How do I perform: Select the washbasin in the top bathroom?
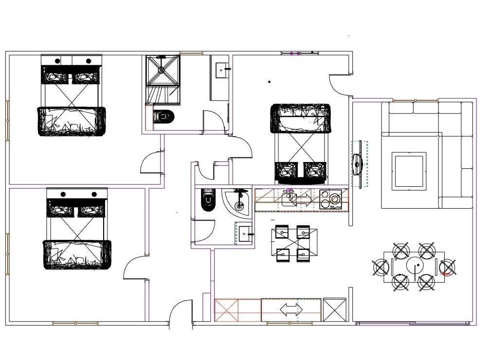[222, 69]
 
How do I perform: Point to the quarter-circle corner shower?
[237, 200]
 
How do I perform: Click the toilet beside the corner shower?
[207, 199]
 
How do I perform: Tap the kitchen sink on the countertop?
[289, 199]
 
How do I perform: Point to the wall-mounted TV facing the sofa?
[358, 164]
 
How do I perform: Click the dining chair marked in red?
[447, 268]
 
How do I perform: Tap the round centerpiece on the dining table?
[416, 267]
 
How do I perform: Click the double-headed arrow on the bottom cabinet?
[291, 309]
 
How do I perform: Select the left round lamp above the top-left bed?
[57, 61]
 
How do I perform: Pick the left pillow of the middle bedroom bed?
[287, 170]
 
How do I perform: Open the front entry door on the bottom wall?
[181, 314]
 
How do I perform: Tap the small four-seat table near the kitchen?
[292, 243]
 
